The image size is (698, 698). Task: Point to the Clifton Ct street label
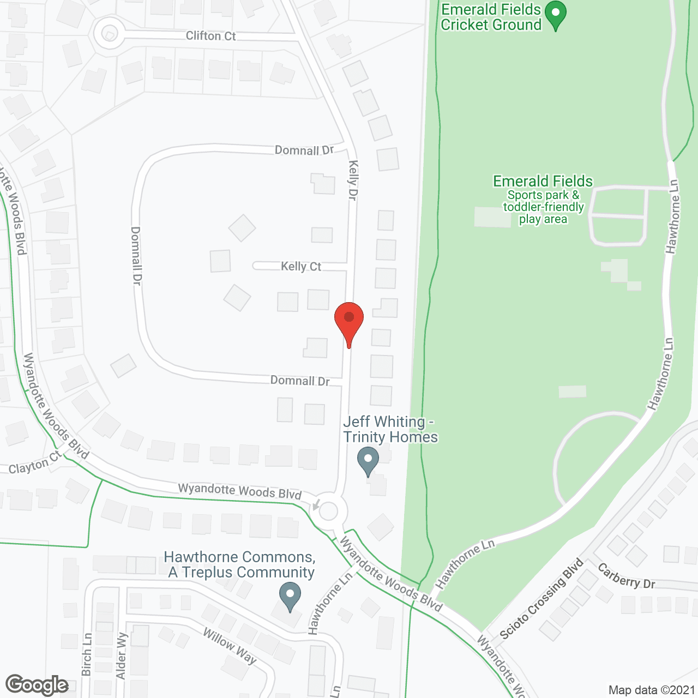click(210, 36)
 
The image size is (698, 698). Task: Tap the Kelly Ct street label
click(301, 267)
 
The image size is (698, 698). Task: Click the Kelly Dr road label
click(353, 180)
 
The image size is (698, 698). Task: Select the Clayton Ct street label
click(35, 464)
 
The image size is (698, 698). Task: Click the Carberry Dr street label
click(626, 576)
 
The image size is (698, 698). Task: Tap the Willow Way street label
click(230, 646)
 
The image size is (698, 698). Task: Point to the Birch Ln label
click(87, 654)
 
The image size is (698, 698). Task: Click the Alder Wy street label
click(122, 656)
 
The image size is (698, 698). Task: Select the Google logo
click(37, 685)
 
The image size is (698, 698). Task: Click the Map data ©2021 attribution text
click(652, 690)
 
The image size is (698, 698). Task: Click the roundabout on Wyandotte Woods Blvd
click(328, 512)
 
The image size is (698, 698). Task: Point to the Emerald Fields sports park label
click(543, 200)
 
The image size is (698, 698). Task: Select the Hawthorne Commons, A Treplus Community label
click(240, 564)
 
